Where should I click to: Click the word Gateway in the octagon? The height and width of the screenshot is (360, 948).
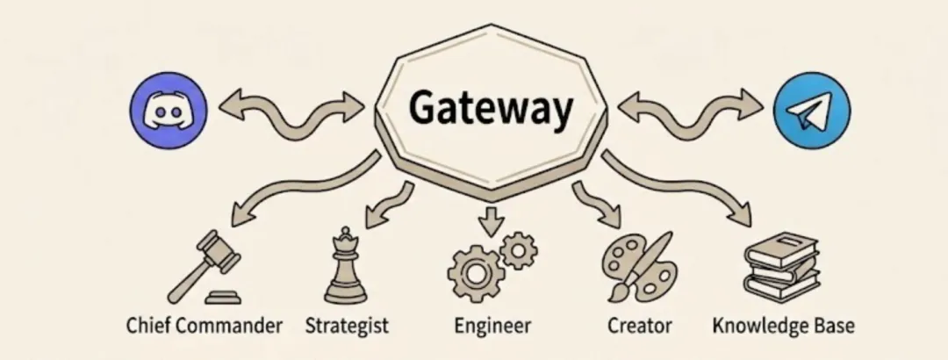coord(491,110)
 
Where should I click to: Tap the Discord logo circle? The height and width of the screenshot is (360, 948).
coord(167,110)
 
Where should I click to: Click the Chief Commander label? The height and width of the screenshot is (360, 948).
coord(204,327)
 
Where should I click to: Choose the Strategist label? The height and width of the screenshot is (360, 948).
coord(347,327)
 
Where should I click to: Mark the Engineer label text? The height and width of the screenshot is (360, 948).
coord(492,327)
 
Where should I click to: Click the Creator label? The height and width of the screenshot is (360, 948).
coord(639,327)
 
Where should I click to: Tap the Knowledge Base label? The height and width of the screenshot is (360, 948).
coord(783,327)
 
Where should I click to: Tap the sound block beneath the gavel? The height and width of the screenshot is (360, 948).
coord(225,295)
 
